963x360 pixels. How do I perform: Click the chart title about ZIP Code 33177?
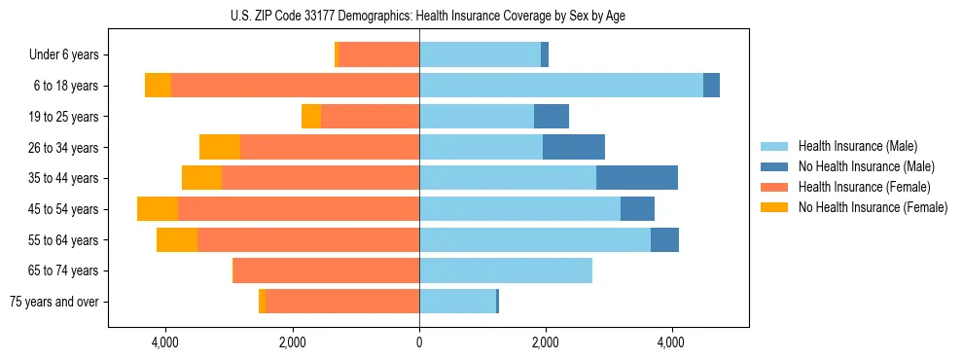pos(419,16)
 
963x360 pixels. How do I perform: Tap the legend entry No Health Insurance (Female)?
pos(873,207)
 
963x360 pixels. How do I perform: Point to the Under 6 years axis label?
pos(69,55)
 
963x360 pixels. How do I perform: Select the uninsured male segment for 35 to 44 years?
pos(637,178)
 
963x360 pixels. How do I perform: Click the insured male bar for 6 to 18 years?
pos(561,86)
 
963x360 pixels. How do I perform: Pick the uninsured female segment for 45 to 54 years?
pos(158,209)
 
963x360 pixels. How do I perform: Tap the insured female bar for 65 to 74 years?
pos(326,270)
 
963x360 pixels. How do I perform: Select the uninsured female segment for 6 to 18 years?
pos(158,86)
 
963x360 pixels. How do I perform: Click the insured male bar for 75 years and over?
pos(457,302)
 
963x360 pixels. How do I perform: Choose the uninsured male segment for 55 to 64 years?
pos(664,240)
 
